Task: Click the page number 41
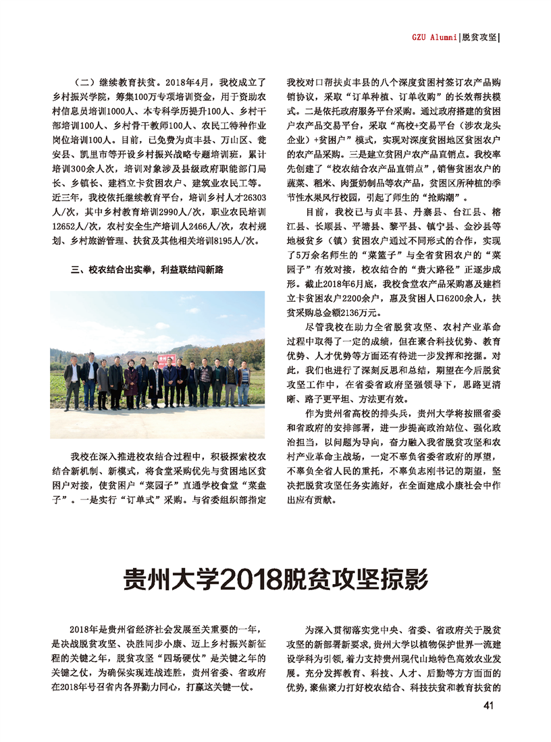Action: coord(490,706)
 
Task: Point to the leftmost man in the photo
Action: coord(72,385)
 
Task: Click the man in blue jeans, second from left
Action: coord(88,383)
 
